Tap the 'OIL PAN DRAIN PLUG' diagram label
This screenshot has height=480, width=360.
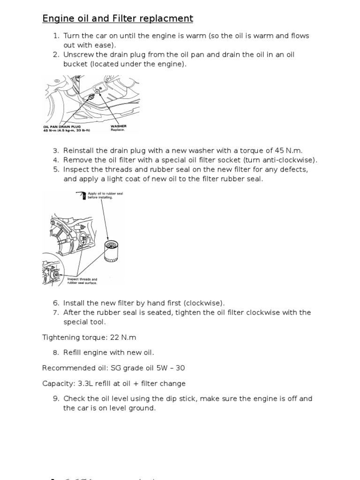click(x=62, y=126)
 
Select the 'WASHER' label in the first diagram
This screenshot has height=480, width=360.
click(x=118, y=126)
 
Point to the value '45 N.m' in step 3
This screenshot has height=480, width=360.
click(x=289, y=150)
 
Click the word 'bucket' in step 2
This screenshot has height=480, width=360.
click(x=75, y=64)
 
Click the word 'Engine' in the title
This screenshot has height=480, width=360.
click(x=57, y=19)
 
